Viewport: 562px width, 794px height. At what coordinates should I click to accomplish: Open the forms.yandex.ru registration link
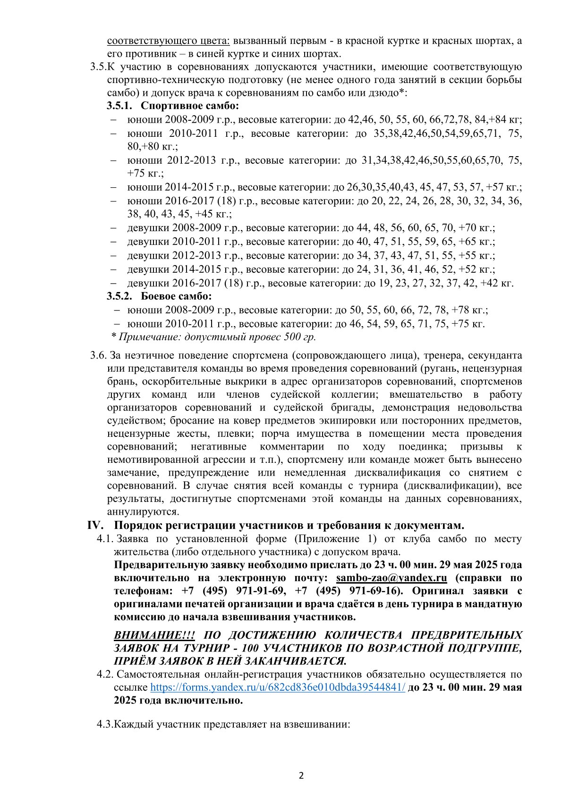point(278,687)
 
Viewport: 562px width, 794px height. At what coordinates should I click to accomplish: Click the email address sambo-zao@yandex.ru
point(392,578)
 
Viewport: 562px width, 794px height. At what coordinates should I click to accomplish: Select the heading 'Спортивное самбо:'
point(190,106)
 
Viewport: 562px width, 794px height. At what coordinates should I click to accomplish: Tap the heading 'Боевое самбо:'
point(176,296)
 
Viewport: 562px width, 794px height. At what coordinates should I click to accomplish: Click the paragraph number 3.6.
point(99,355)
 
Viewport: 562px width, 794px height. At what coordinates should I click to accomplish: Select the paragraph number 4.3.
point(105,724)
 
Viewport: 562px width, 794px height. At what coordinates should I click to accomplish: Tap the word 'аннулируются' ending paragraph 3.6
point(143,512)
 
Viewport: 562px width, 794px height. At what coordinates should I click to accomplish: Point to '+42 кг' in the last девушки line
point(496,283)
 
